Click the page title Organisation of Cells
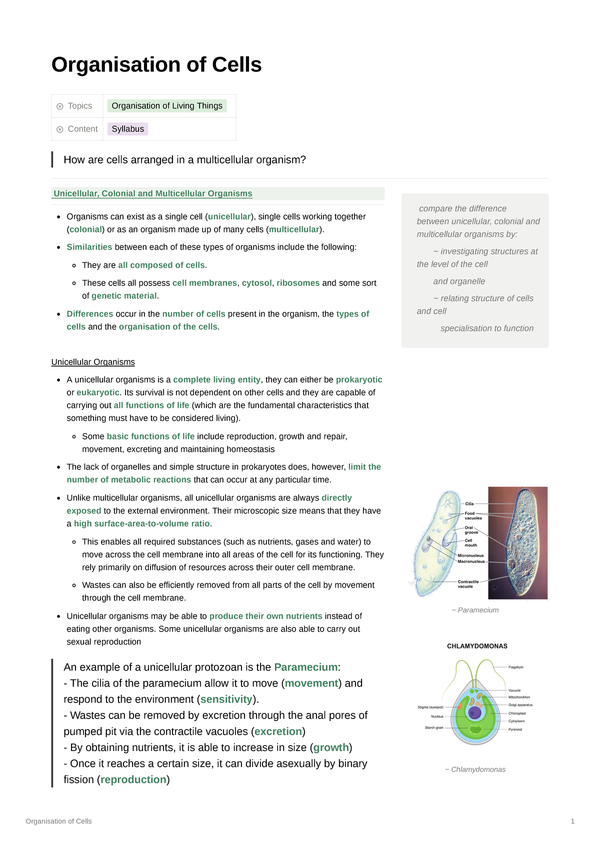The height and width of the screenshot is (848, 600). [156, 65]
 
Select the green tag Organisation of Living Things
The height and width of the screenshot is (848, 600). [167, 106]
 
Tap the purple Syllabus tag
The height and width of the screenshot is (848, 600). [127, 129]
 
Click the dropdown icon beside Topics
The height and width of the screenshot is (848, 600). [60, 106]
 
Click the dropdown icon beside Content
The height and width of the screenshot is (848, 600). [60, 129]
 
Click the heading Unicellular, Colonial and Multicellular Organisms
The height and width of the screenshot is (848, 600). [153, 193]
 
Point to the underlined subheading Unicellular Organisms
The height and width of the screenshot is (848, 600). [93, 362]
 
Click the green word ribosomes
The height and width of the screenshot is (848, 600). [298, 283]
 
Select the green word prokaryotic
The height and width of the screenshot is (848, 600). [359, 380]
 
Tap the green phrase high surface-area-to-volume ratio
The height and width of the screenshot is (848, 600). [142, 524]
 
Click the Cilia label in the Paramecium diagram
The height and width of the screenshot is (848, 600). [469, 504]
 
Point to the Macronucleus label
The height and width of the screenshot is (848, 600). [471, 561]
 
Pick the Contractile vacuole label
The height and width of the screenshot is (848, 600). [468, 584]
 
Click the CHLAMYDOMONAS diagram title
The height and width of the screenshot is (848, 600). [477, 646]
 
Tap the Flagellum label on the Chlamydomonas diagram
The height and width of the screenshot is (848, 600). [516, 667]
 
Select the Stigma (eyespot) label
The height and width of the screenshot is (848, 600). [430, 707]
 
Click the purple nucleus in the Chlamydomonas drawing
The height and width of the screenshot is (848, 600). [474, 712]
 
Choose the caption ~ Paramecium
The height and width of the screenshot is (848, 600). [475, 610]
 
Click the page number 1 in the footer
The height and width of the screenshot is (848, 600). [572, 821]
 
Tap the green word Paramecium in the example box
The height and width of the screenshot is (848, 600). [306, 667]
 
